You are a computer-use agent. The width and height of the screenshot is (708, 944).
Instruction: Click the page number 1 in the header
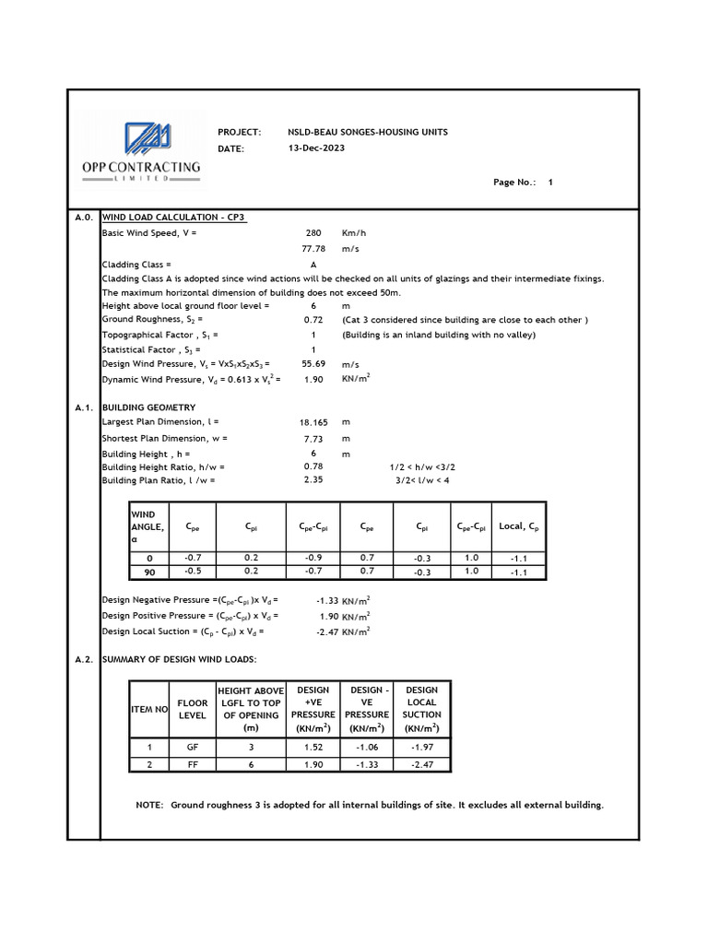tap(550, 183)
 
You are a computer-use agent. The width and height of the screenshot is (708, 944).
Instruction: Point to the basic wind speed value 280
tap(313, 233)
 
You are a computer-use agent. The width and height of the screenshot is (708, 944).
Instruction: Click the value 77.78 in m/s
tap(313, 249)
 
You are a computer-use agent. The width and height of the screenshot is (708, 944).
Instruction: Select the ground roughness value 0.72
tap(313, 320)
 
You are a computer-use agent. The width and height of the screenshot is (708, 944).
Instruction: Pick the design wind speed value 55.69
tap(313, 365)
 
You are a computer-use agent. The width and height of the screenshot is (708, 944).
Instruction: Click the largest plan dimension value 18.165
tap(313, 422)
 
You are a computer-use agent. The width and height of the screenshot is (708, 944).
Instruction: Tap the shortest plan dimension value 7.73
tap(313, 439)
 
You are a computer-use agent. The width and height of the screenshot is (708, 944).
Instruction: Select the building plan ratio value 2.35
tap(313, 480)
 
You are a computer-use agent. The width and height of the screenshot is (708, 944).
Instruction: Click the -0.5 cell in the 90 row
tap(193, 572)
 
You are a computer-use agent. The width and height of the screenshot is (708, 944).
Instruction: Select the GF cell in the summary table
tap(192, 748)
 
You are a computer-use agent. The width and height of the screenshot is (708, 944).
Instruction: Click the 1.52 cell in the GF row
tap(313, 748)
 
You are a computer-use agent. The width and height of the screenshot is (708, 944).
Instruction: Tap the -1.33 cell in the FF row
tap(367, 764)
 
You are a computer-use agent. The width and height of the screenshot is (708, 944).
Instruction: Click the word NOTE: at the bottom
tap(149, 805)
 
